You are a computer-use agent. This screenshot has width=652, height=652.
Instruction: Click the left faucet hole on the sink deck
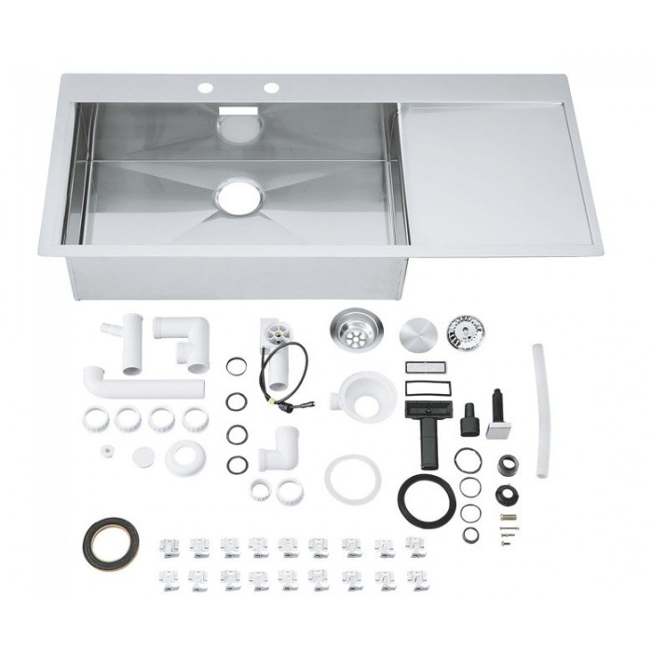click(x=206, y=88)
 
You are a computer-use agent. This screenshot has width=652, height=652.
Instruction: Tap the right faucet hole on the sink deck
click(x=271, y=88)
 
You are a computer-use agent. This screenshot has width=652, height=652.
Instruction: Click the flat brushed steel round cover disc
click(x=418, y=333)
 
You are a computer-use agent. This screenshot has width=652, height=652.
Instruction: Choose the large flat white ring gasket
click(x=352, y=476)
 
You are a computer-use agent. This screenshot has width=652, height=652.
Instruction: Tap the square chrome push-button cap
click(x=500, y=428)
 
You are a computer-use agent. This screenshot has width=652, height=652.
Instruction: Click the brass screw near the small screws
click(x=507, y=517)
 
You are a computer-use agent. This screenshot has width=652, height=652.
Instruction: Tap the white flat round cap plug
click(x=143, y=456)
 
